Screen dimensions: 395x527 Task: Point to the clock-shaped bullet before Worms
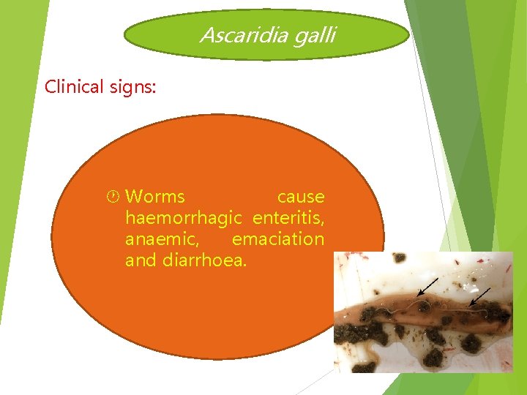[114, 197]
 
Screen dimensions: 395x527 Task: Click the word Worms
[155, 197]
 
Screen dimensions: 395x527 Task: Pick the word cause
[300, 197]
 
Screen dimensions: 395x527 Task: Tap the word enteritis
[288, 218]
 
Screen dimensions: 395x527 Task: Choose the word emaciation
[277, 239]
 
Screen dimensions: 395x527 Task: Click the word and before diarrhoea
[141, 260]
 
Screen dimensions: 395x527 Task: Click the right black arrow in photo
[480, 296]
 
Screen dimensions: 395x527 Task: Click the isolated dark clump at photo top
[400, 258]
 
